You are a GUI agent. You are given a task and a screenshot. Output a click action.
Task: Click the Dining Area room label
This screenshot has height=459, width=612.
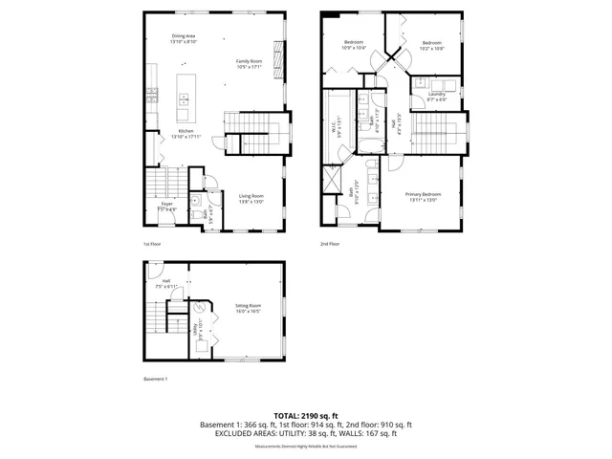point(183,36)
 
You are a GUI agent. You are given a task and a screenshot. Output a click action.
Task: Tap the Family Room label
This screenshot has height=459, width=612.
point(250,61)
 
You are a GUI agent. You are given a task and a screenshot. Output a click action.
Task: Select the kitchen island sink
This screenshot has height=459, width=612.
point(183,97)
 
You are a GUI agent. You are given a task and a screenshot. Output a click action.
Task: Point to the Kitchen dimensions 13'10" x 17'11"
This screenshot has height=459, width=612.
point(186,137)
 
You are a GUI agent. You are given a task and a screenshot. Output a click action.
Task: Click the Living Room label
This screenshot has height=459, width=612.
point(251,195)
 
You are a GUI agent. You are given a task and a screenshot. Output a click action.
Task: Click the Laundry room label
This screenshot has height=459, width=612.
point(436,94)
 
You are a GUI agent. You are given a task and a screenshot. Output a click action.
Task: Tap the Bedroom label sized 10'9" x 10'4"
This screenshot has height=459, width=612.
point(354,43)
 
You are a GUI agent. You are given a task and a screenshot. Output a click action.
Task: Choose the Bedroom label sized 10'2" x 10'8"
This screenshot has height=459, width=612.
point(432,43)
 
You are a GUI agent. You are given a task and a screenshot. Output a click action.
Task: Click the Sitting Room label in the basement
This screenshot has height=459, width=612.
point(248,307)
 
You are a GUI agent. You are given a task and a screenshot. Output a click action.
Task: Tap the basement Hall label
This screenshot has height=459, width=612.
point(166,281)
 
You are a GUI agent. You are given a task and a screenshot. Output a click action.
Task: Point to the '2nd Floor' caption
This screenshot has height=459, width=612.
point(330,244)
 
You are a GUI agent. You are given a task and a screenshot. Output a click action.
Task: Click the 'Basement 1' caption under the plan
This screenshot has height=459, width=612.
point(156,379)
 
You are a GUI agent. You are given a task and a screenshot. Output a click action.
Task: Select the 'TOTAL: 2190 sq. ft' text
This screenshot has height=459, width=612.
point(306,415)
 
